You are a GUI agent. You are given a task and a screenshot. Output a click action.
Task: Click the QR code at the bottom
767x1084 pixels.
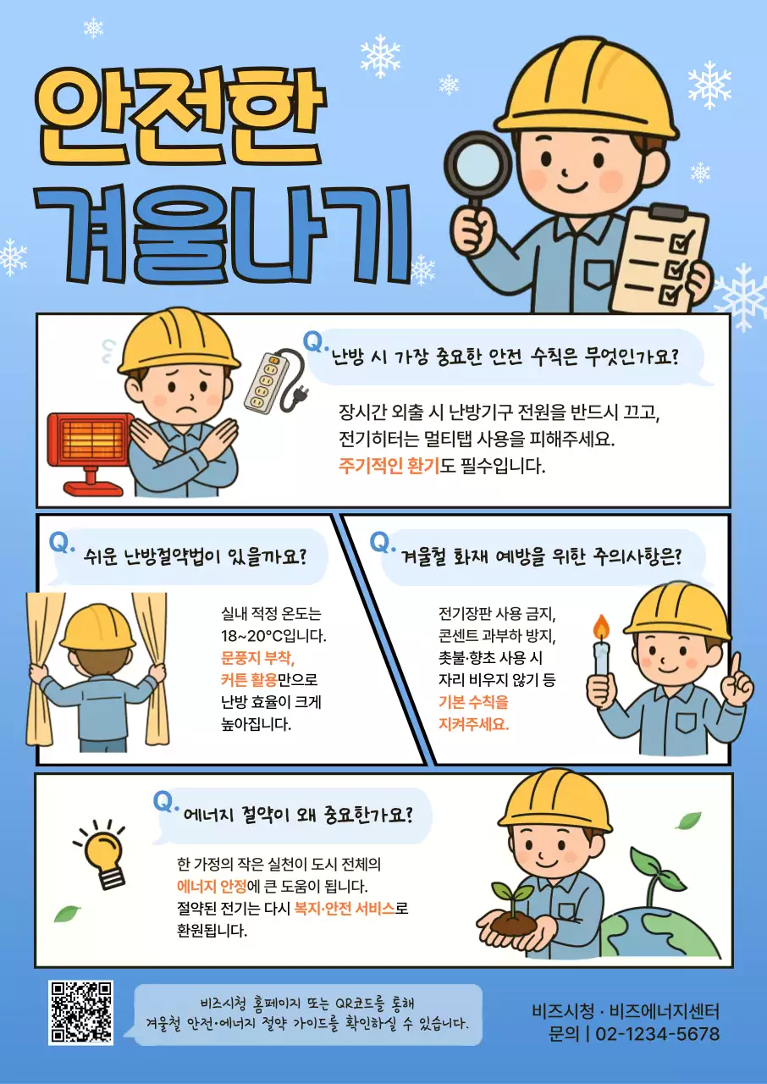[80, 1012]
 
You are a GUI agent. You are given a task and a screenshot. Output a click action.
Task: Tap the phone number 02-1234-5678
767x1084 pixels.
[658, 1034]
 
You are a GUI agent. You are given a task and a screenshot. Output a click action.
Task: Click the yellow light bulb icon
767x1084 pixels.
[102, 854]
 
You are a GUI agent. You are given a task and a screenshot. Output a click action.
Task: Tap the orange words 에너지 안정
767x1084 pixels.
[212, 887]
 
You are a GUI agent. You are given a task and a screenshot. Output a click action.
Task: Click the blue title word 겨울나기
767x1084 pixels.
[224, 233]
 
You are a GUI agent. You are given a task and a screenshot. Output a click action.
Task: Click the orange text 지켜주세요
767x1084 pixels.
[473, 724]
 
